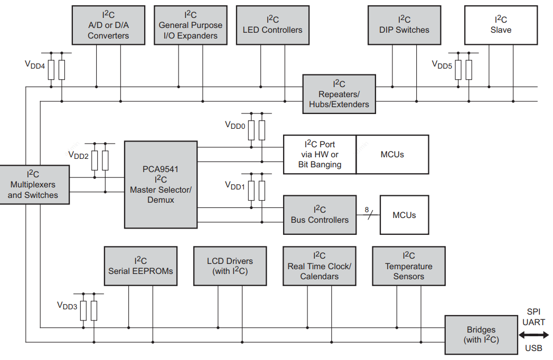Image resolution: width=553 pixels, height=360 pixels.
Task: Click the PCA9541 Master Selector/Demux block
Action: pos(161,185)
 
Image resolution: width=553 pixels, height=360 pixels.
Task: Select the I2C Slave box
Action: pos(501,25)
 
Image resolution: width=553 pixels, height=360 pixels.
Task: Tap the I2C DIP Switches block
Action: pos(404,25)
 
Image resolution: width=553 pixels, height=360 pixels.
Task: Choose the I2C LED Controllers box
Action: pos(273,25)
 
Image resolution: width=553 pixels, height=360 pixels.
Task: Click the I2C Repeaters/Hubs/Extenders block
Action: pos(339,94)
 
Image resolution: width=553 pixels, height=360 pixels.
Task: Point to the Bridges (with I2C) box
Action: pos(481,335)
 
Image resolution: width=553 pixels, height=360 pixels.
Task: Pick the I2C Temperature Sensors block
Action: pos(409,266)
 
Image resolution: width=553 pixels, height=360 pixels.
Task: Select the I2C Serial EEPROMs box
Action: pos(140,266)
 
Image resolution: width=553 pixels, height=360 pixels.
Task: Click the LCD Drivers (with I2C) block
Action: pos(230,266)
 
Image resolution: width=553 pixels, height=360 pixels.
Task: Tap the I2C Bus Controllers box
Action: pos(320,215)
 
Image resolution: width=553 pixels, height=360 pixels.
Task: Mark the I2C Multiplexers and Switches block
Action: pos(34,185)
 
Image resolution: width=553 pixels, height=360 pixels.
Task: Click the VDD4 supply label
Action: pos(34,65)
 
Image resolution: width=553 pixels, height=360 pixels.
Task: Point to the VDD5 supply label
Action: pos(442,65)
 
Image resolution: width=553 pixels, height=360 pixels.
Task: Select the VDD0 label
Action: pos(235,125)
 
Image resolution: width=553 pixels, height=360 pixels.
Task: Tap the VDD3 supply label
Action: pos(67,306)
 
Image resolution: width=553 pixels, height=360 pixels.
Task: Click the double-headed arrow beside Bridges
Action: pos(533,335)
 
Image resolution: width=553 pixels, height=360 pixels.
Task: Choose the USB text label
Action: pos(533,348)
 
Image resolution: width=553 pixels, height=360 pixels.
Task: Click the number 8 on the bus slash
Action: pos(367,210)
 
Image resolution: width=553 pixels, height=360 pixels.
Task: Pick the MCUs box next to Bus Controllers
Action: pos(404,215)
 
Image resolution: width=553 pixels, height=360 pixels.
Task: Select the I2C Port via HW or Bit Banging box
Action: pos(320,155)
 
